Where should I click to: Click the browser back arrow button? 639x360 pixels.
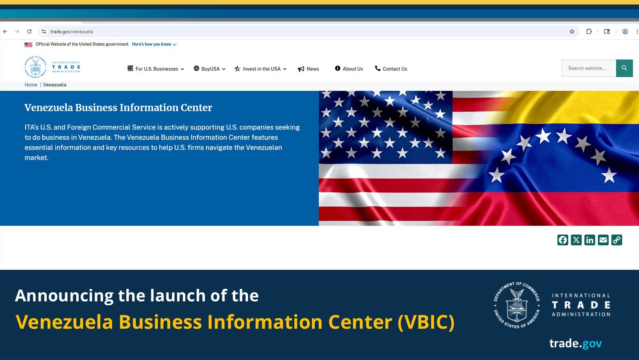(5, 32)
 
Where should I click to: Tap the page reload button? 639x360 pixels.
(29, 32)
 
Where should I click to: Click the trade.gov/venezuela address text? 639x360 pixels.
(71, 32)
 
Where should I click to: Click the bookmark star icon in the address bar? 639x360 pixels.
(572, 32)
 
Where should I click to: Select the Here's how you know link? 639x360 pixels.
(154, 44)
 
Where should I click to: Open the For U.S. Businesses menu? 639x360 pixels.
(156, 69)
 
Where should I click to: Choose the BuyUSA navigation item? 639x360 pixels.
(210, 69)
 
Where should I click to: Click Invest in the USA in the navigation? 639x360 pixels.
(260, 69)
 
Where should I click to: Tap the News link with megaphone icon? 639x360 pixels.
(308, 69)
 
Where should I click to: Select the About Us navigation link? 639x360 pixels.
(349, 69)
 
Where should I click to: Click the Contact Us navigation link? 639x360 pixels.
(391, 69)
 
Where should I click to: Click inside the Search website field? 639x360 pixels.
(589, 68)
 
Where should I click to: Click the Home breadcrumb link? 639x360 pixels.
(31, 85)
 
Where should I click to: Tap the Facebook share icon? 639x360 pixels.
(563, 240)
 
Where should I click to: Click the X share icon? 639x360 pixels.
(576, 240)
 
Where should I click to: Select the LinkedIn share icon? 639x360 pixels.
(589, 240)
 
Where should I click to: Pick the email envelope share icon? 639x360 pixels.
(603, 240)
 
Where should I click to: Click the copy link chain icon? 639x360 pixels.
(617, 240)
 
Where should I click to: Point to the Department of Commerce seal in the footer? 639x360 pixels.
(517, 305)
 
